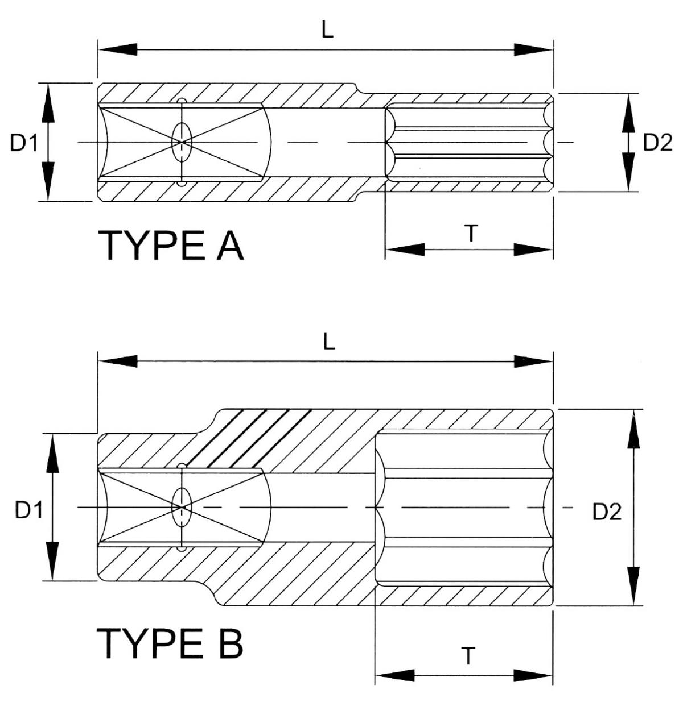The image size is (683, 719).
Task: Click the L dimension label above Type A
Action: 327,31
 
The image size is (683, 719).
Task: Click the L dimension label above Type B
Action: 328,342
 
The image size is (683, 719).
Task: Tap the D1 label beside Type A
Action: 24,144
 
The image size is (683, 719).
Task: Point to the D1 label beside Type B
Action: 28,510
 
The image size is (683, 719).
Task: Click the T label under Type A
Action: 471,233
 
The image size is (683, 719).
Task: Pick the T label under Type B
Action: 467,656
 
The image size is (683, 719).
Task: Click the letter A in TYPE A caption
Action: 230,245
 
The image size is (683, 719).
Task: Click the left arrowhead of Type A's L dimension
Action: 117,49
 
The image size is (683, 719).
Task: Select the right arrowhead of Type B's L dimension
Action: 533,361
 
